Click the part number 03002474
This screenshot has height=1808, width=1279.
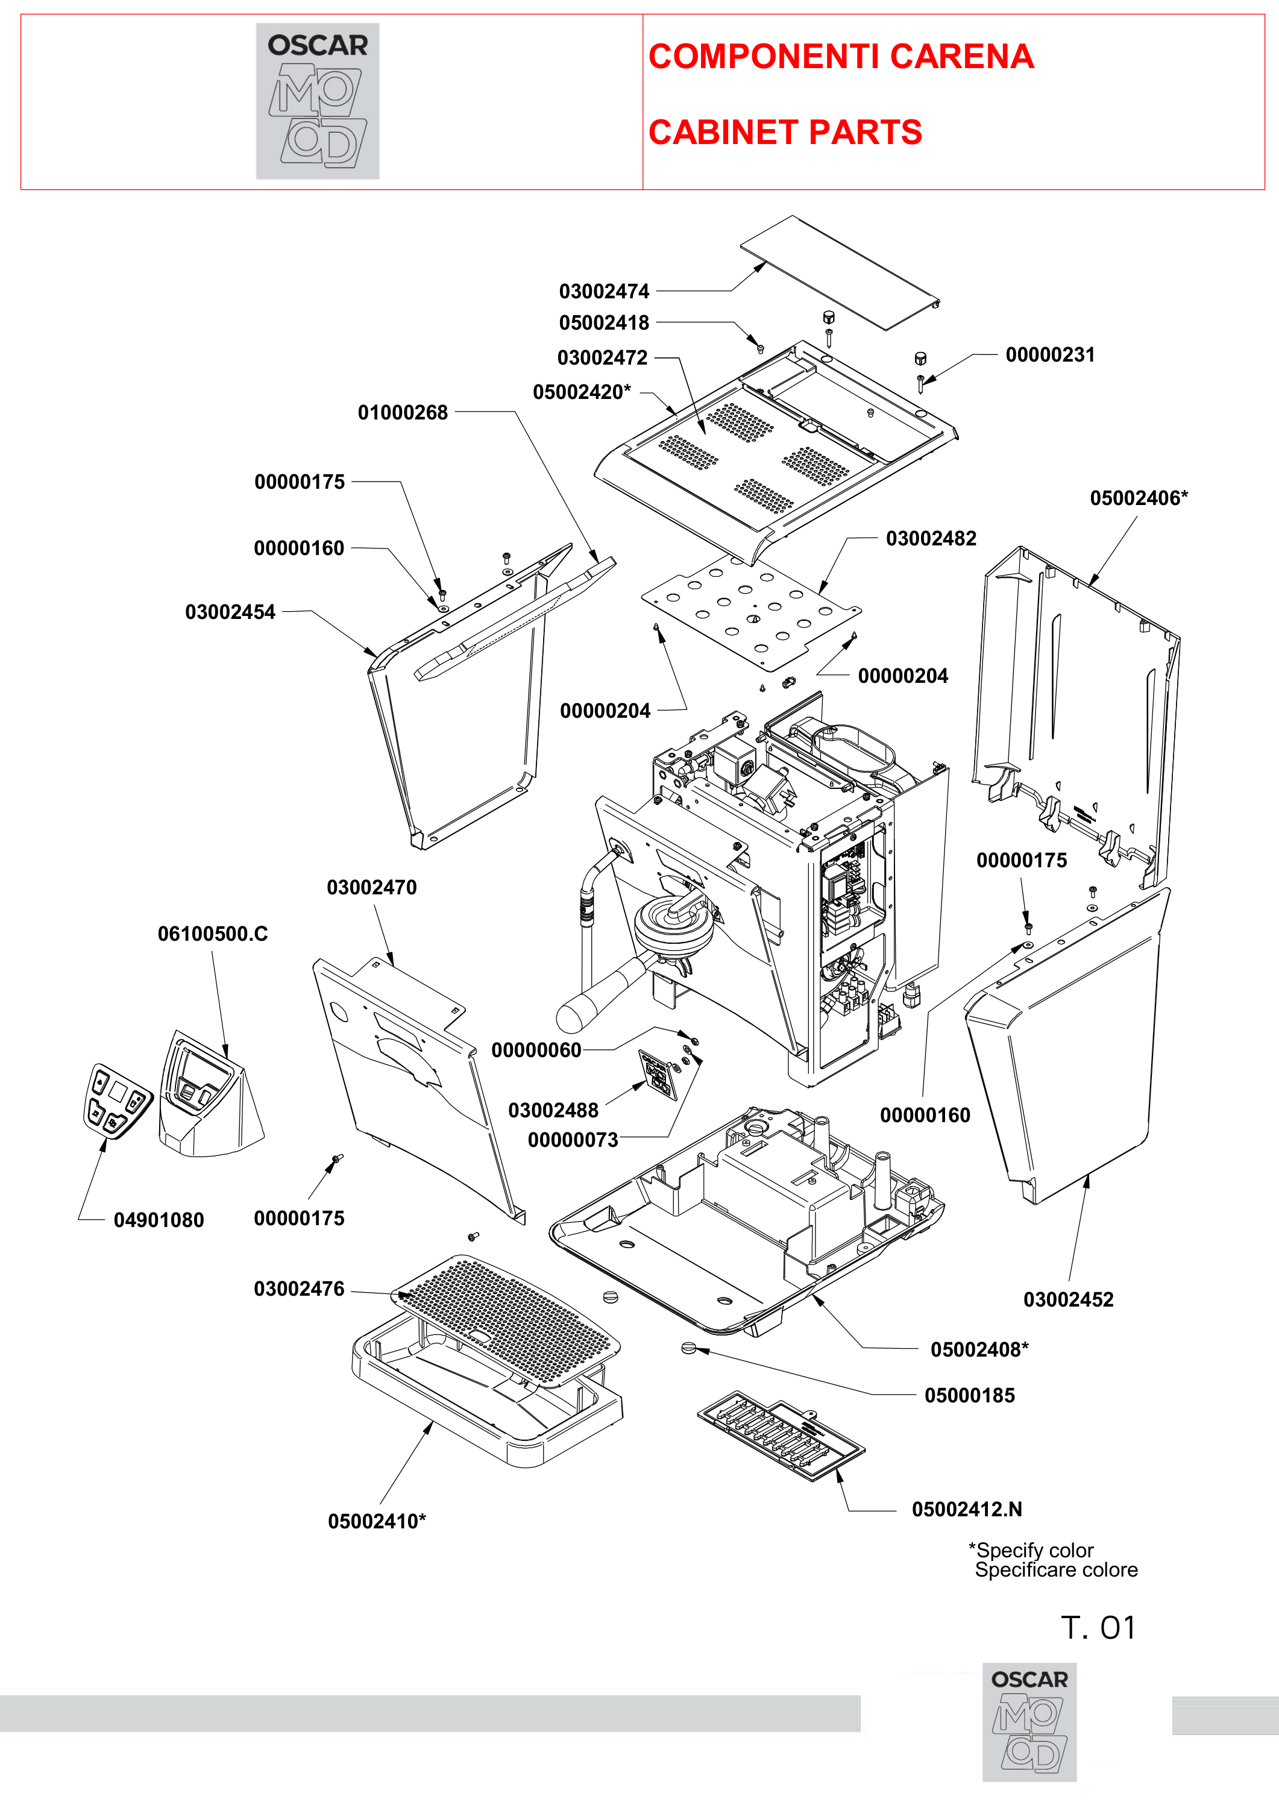tap(604, 291)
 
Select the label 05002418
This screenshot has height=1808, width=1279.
tap(604, 323)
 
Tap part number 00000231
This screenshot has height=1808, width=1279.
tap(1050, 355)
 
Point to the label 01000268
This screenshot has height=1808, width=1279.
tap(403, 413)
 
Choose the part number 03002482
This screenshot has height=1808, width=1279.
tap(931, 539)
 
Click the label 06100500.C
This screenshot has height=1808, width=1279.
tap(213, 934)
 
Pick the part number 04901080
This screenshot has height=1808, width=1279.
tap(159, 1220)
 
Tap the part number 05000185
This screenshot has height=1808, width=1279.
tap(969, 1395)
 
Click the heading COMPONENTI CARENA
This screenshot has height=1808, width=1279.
tap(841, 57)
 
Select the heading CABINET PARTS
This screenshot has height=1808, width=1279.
tap(785, 133)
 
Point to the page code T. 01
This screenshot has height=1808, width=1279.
tap(1099, 1628)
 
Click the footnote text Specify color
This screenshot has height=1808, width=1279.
tap(1034, 1551)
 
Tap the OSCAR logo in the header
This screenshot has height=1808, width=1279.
tap(318, 101)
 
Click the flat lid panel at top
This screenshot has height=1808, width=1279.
tap(840, 272)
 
